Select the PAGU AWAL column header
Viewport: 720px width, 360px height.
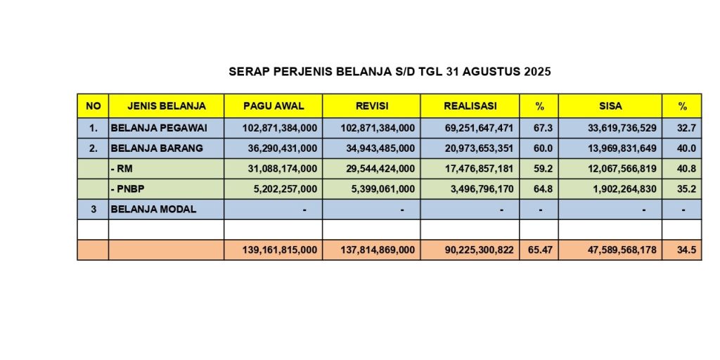coord(274,106)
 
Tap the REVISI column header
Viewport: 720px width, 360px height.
coord(371,106)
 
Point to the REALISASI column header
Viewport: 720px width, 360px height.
coord(470,106)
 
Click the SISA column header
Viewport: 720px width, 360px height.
coord(610,106)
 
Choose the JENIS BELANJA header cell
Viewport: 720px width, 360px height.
coord(167,106)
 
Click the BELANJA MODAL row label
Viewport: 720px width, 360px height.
coord(153,209)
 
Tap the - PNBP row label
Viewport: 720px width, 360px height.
coord(126,189)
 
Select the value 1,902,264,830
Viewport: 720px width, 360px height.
coord(619,189)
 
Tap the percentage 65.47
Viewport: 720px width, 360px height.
coord(539,250)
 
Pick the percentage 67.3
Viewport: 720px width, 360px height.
coord(539,128)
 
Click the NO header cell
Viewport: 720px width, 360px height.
coord(93,106)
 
